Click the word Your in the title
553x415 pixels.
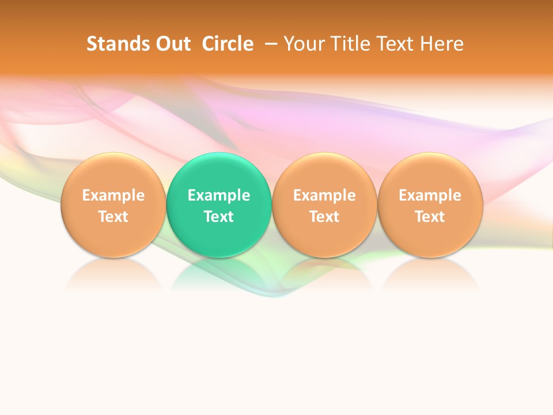click(x=305, y=44)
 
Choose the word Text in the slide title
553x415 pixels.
click(x=397, y=44)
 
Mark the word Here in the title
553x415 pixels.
click(x=442, y=44)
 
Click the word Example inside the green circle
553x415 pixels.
click(x=219, y=195)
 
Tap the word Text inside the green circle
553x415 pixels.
click(x=219, y=217)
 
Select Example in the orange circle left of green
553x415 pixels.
click(x=113, y=195)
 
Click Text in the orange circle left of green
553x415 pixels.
click(x=113, y=217)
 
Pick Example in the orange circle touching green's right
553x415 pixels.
click(x=324, y=195)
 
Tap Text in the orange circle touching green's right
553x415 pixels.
click(x=324, y=217)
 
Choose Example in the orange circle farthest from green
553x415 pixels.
click(x=430, y=195)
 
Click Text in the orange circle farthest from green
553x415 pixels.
click(x=430, y=217)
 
